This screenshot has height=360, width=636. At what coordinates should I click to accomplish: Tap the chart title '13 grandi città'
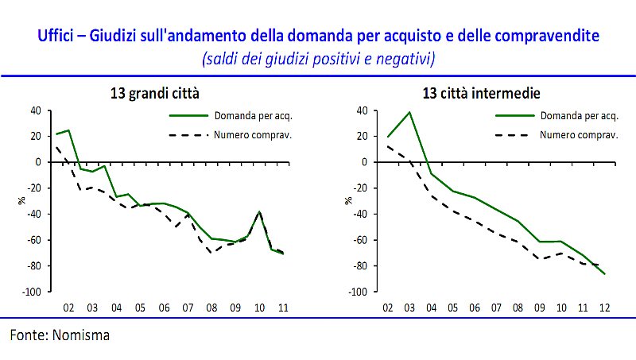click(154, 94)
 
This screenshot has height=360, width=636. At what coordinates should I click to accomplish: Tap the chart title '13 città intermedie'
click(481, 94)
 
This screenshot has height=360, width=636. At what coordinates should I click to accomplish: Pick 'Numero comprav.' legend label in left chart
click(254, 134)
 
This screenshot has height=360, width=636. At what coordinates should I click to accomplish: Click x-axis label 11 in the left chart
click(283, 307)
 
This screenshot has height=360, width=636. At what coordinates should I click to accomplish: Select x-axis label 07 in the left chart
click(188, 307)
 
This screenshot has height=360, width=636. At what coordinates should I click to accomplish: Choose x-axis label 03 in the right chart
click(409, 307)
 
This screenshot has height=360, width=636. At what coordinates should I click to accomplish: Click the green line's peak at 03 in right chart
click(409, 112)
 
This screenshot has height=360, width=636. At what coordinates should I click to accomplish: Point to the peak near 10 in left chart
click(259, 211)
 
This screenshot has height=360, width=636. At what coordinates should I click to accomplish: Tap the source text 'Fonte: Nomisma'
click(60, 335)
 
